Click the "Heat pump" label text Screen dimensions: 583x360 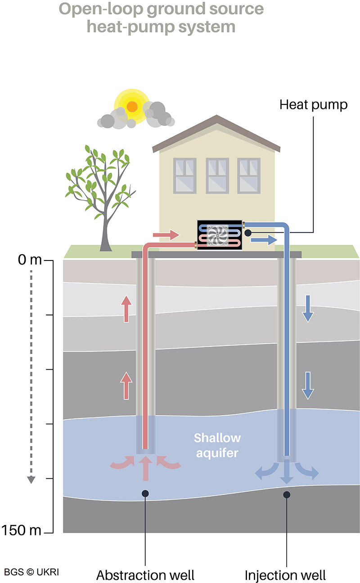pyautogui.click(x=313, y=105)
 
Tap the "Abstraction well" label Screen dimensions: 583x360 pyautogui.click(x=145, y=574)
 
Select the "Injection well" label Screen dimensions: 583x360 pyautogui.click(x=285, y=574)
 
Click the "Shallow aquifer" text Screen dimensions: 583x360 pyautogui.click(x=217, y=445)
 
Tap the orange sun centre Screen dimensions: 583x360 pyautogui.click(x=132, y=107)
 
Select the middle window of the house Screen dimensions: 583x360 pyautogui.click(x=217, y=175)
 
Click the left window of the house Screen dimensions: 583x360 pyautogui.click(x=184, y=175)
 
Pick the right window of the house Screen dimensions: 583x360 pyautogui.click(x=249, y=175)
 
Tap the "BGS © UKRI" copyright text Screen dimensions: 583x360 pyautogui.click(x=31, y=572)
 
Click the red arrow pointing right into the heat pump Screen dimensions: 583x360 pyautogui.click(x=166, y=235)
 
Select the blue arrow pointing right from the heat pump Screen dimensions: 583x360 pyautogui.click(x=263, y=240)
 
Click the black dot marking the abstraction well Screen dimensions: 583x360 pyautogui.click(x=145, y=494)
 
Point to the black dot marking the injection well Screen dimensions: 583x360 pyautogui.click(x=286, y=495)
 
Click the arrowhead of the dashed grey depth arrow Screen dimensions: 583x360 pyautogui.click(x=31, y=480)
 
